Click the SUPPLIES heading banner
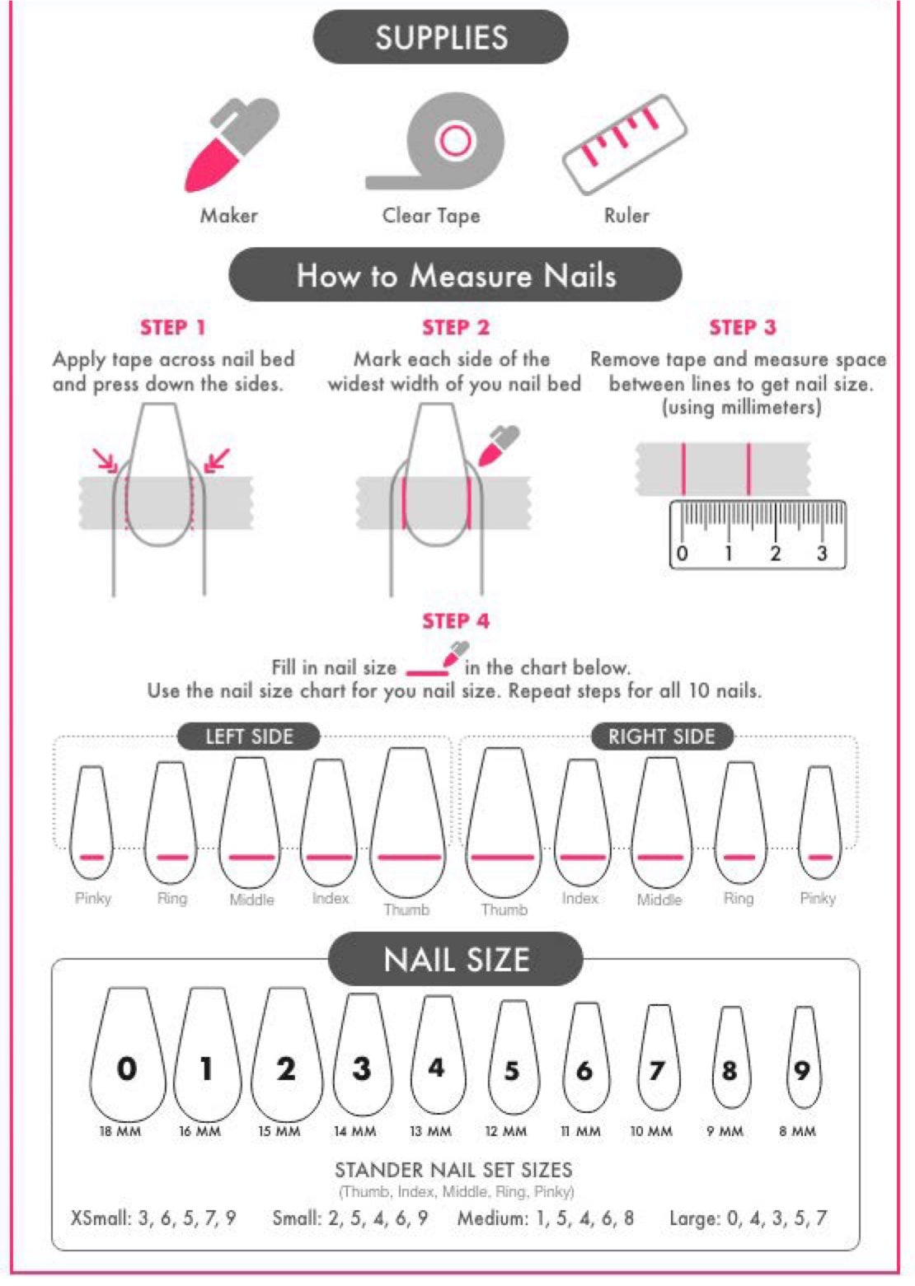pos(440,37)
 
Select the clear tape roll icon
pos(436,141)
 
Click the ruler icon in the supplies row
pos(624,144)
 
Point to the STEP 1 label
pos(173,327)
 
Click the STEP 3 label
pos(743,327)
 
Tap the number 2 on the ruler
pos(776,554)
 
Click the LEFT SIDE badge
pos(249,737)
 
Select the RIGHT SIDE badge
pos(662,737)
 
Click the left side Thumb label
pos(406,910)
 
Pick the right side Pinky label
pos(818,898)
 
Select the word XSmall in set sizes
pos(100,1218)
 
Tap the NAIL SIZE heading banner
pos(456,960)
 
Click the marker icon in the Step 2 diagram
pos(498,446)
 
